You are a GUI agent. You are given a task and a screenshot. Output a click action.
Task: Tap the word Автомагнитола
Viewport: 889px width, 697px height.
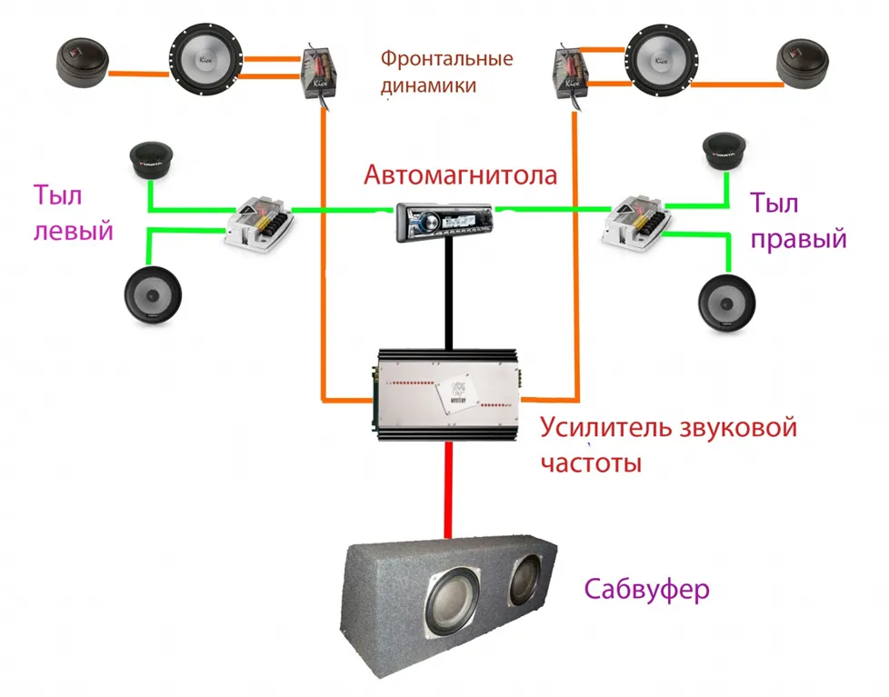[460, 174]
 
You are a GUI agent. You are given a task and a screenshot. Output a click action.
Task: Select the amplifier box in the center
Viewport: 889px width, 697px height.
[445, 393]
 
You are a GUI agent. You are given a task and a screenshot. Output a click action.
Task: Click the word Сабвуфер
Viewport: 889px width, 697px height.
[646, 590]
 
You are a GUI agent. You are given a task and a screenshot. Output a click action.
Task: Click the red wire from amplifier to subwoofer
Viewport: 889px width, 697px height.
[447, 490]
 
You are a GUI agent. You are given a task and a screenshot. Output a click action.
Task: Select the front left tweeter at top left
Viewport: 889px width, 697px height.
[82, 65]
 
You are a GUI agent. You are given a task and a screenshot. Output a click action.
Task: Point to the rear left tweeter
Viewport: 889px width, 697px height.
[150, 162]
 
